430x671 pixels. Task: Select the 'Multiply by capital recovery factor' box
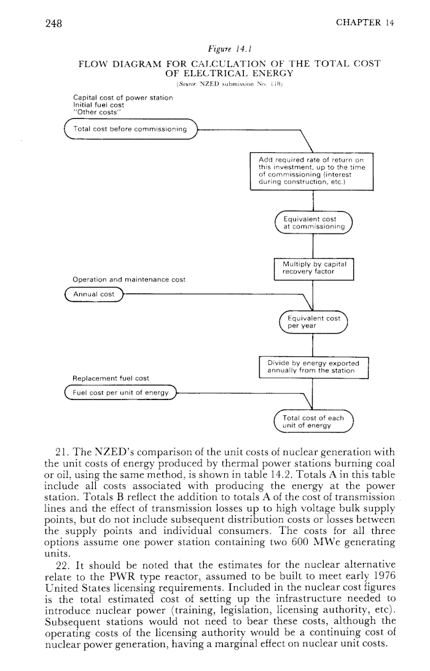click(x=313, y=270)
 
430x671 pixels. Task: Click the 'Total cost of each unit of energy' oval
click(x=314, y=421)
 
